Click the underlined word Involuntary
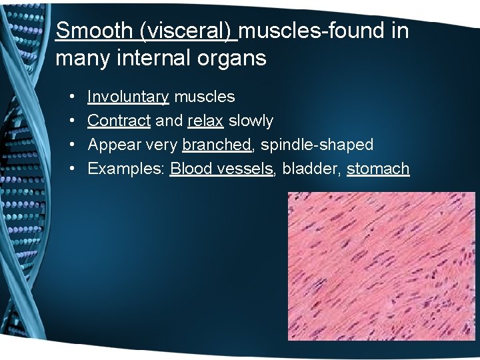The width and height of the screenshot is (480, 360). click(128, 97)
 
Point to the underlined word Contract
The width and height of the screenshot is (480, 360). click(119, 121)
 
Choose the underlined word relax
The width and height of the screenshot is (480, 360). click(206, 121)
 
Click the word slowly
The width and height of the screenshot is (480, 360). click(251, 121)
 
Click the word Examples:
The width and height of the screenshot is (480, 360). click(127, 169)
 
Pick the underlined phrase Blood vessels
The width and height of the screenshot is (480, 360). click(222, 169)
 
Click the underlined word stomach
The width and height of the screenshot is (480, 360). click(378, 169)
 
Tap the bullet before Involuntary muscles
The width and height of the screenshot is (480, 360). click(71, 97)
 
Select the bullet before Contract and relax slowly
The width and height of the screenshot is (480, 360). click(71, 121)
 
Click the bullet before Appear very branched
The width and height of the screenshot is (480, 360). click(71, 145)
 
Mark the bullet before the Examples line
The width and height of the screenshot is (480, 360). click(71, 169)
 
